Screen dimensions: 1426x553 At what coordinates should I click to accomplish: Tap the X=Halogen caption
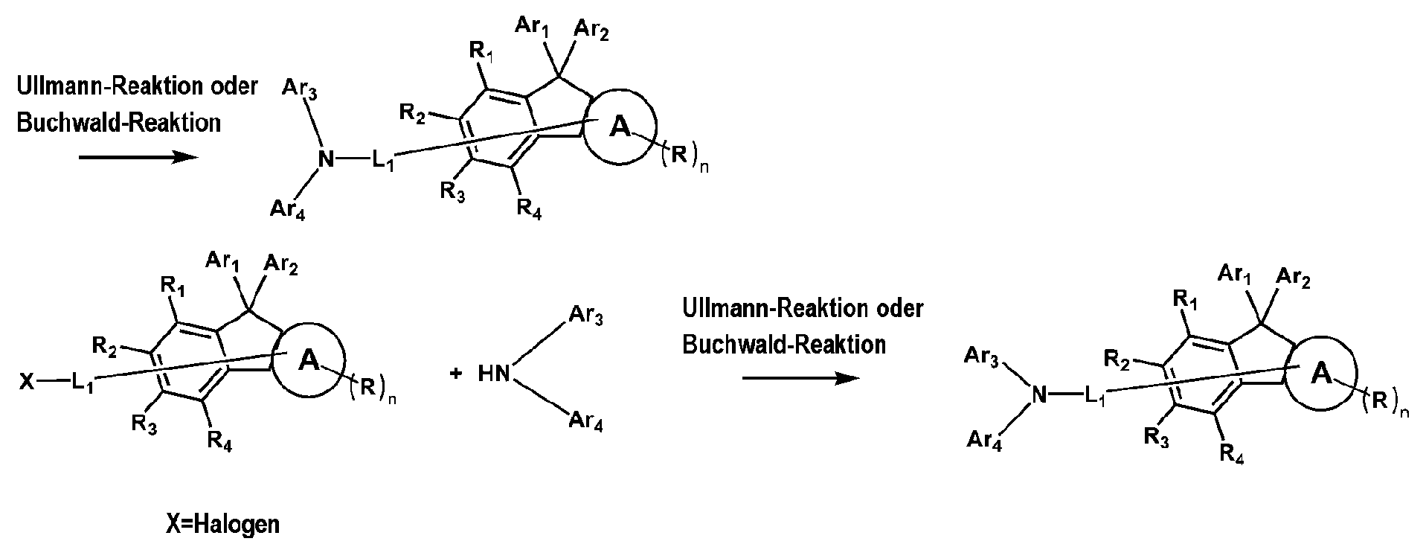223,524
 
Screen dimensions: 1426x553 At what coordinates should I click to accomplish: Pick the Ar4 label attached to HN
585,423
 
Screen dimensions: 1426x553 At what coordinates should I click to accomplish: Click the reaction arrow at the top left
138,157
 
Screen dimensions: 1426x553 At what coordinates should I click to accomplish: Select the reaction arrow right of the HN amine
800,378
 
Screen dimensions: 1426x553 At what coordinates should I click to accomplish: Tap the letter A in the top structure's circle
620,128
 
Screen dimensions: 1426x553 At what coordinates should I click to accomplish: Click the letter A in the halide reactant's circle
309,362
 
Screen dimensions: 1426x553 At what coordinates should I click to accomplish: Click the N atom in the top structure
324,159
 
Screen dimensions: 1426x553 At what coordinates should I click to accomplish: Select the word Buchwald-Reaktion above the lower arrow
784,345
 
